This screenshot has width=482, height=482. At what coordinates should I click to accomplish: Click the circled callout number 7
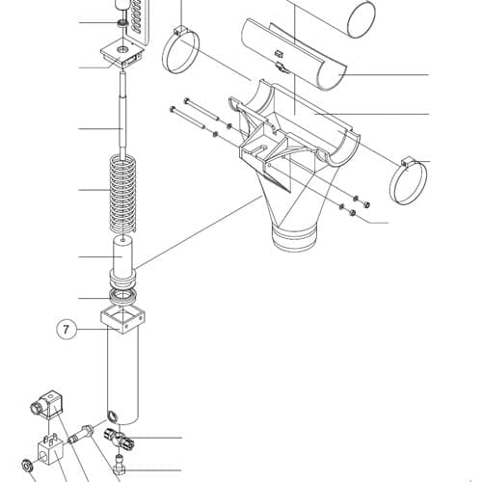[x=67, y=330]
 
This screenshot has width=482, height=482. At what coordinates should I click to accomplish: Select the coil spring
[x=123, y=194]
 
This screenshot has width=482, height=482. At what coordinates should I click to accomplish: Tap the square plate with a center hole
[x=122, y=53]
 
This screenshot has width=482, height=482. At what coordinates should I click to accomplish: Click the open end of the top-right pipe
[x=361, y=19]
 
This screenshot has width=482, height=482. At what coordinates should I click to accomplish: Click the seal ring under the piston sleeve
[x=123, y=296]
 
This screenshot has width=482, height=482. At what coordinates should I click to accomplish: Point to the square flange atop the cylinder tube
[x=122, y=320]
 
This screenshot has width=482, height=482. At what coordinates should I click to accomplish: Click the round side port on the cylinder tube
[x=113, y=415]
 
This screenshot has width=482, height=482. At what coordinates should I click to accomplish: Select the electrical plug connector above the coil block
[x=47, y=406]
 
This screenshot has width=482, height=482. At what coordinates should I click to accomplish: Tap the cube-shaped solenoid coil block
[x=50, y=450]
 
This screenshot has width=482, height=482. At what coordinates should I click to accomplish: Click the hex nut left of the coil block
[x=26, y=466]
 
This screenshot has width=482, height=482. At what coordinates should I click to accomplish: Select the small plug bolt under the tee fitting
[x=120, y=465]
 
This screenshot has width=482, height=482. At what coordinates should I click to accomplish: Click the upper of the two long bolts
[x=201, y=110]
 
